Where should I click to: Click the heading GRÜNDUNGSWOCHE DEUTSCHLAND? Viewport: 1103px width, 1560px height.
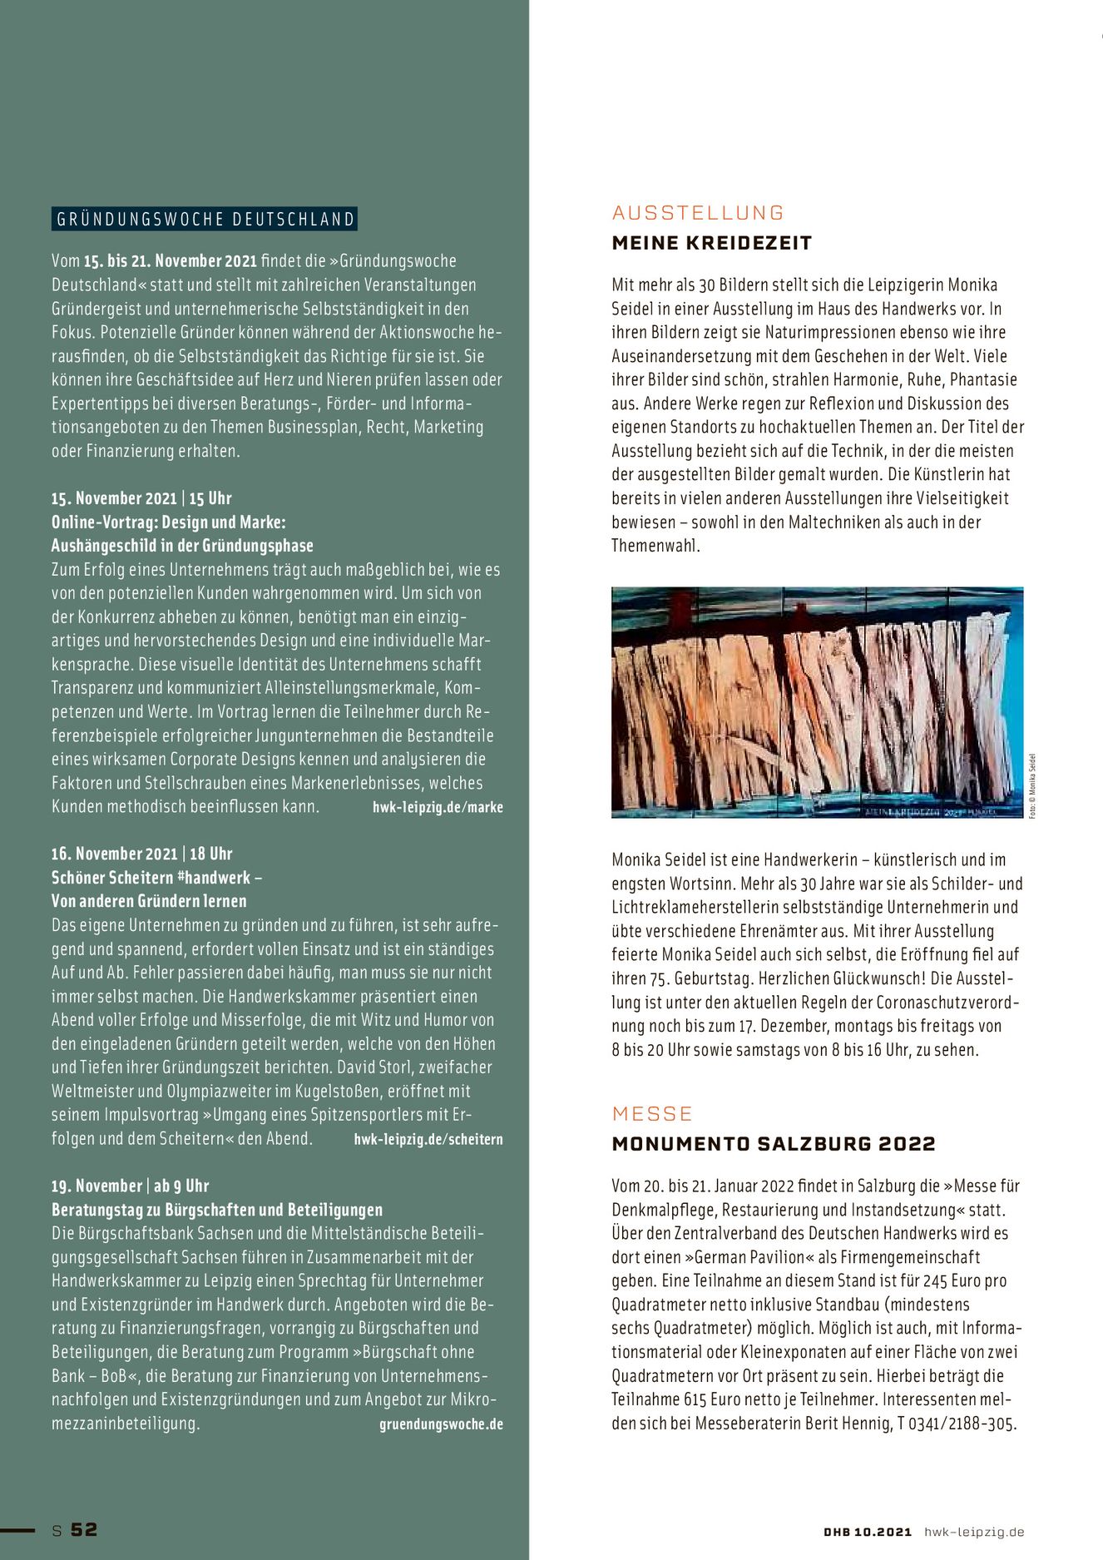[205, 220]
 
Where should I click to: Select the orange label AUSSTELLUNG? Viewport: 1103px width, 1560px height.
[698, 213]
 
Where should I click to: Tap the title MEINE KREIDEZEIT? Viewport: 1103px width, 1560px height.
[711, 243]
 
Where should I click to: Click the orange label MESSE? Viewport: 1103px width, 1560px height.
[652, 1114]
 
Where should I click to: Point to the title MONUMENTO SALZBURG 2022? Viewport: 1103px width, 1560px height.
[774, 1144]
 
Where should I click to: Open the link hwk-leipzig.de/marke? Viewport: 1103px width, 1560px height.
[438, 807]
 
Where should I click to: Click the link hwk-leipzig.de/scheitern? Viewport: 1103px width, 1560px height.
[428, 1139]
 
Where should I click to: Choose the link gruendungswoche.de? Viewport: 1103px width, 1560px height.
[441, 1424]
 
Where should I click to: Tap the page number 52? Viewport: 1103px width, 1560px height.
[84, 1529]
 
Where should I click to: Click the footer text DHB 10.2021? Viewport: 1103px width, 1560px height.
[868, 1532]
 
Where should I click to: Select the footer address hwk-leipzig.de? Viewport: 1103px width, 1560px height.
[974, 1532]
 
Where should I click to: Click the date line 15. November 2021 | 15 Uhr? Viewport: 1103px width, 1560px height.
[141, 498]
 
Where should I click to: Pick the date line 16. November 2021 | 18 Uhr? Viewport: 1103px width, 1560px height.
[141, 854]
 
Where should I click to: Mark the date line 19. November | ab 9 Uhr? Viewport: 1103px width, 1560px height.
[130, 1186]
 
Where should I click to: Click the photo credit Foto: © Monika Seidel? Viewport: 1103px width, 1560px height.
[1032, 785]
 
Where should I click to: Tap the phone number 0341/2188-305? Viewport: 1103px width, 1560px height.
[962, 1424]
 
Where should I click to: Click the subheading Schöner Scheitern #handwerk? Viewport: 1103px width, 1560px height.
[151, 878]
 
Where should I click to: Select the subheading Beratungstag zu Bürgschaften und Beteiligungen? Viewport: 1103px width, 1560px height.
[217, 1210]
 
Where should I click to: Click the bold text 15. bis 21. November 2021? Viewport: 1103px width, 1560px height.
[171, 261]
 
